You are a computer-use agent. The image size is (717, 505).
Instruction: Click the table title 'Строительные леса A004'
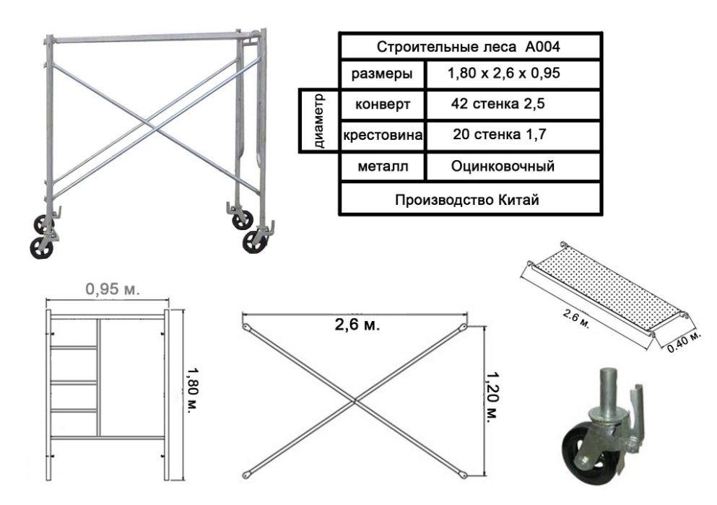[468, 47]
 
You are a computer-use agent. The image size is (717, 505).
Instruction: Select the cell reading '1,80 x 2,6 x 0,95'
[503, 73]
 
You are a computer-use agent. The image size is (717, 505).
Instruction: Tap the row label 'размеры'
[382, 74]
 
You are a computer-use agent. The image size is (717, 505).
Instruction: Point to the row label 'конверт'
[383, 104]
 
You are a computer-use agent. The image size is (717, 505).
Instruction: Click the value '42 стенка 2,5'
[498, 104]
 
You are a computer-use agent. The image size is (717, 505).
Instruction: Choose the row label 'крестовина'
[383, 135]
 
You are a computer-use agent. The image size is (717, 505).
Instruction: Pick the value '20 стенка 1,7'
[500, 134]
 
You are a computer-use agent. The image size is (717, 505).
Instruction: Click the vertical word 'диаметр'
[318, 121]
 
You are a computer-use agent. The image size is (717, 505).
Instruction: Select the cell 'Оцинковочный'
[503, 166]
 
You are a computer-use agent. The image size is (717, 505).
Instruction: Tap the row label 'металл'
[383, 167]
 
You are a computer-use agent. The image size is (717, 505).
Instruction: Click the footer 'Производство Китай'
[467, 200]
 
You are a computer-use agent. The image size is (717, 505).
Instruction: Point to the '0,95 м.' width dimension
[113, 289]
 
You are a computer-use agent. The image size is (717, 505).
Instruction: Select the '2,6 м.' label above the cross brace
[357, 325]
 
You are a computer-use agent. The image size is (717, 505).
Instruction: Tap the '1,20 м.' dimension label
[492, 396]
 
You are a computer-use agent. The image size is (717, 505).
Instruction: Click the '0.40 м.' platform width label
[684, 342]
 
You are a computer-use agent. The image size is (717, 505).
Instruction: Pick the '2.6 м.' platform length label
[575, 319]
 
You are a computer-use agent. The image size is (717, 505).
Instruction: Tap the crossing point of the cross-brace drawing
[355, 401]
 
